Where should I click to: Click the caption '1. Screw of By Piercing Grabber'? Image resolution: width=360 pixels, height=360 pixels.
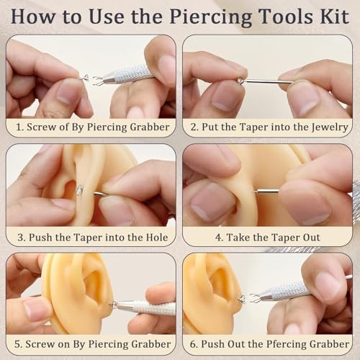click(x=91, y=127)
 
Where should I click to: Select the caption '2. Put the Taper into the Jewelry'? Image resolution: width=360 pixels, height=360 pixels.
click(x=268, y=127)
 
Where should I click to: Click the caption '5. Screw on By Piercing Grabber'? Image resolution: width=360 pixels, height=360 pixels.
click(x=91, y=344)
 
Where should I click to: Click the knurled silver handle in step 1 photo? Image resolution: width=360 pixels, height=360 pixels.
click(x=130, y=75)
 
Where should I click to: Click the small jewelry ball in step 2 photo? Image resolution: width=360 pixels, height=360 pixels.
click(x=240, y=80)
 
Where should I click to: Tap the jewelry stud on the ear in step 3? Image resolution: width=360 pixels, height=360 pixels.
click(x=79, y=189)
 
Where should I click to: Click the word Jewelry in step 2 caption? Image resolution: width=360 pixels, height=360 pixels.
click(x=328, y=127)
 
